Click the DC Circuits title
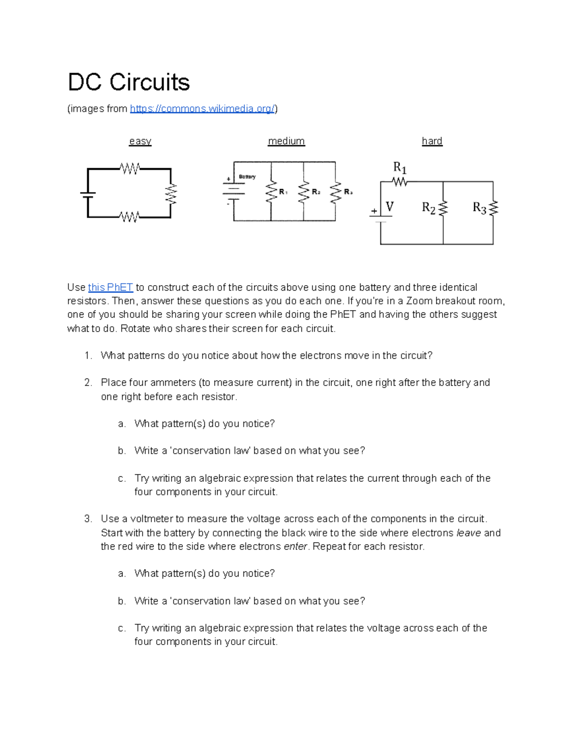click(x=128, y=82)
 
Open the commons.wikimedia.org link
click(x=202, y=109)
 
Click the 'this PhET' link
click(x=110, y=287)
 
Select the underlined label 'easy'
click(x=140, y=141)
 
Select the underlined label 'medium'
click(x=286, y=141)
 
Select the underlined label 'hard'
click(x=432, y=141)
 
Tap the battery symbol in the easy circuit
click(x=88, y=194)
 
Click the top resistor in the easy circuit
click(x=129, y=169)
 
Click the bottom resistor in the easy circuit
click(x=129, y=217)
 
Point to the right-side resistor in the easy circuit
click(x=170, y=194)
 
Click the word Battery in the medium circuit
click(x=247, y=177)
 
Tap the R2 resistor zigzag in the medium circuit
click(x=303, y=192)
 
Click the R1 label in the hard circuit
click(x=400, y=168)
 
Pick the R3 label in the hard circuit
click(x=479, y=208)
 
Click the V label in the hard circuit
click(x=390, y=207)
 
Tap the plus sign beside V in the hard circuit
click(x=374, y=211)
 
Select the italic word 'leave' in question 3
click(x=468, y=533)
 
